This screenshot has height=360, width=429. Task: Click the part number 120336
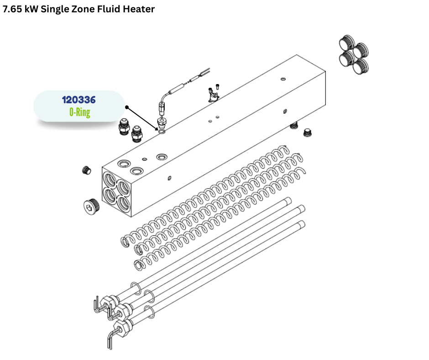click(x=79, y=100)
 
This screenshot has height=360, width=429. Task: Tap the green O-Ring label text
click(x=79, y=112)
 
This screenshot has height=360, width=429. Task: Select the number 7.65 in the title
click(x=12, y=9)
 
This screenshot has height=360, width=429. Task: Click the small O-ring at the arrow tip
click(x=162, y=132)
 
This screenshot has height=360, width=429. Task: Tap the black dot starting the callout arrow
click(x=127, y=107)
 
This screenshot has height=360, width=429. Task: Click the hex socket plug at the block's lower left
click(x=91, y=205)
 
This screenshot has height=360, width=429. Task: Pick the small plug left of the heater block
click(x=86, y=170)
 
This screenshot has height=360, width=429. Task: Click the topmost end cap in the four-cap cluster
click(x=347, y=42)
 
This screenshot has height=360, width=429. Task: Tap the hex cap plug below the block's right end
click(x=308, y=133)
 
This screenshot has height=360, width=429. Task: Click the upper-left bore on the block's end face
click(x=110, y=179)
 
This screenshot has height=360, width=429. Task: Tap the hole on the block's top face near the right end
click(x=283, y=79)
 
